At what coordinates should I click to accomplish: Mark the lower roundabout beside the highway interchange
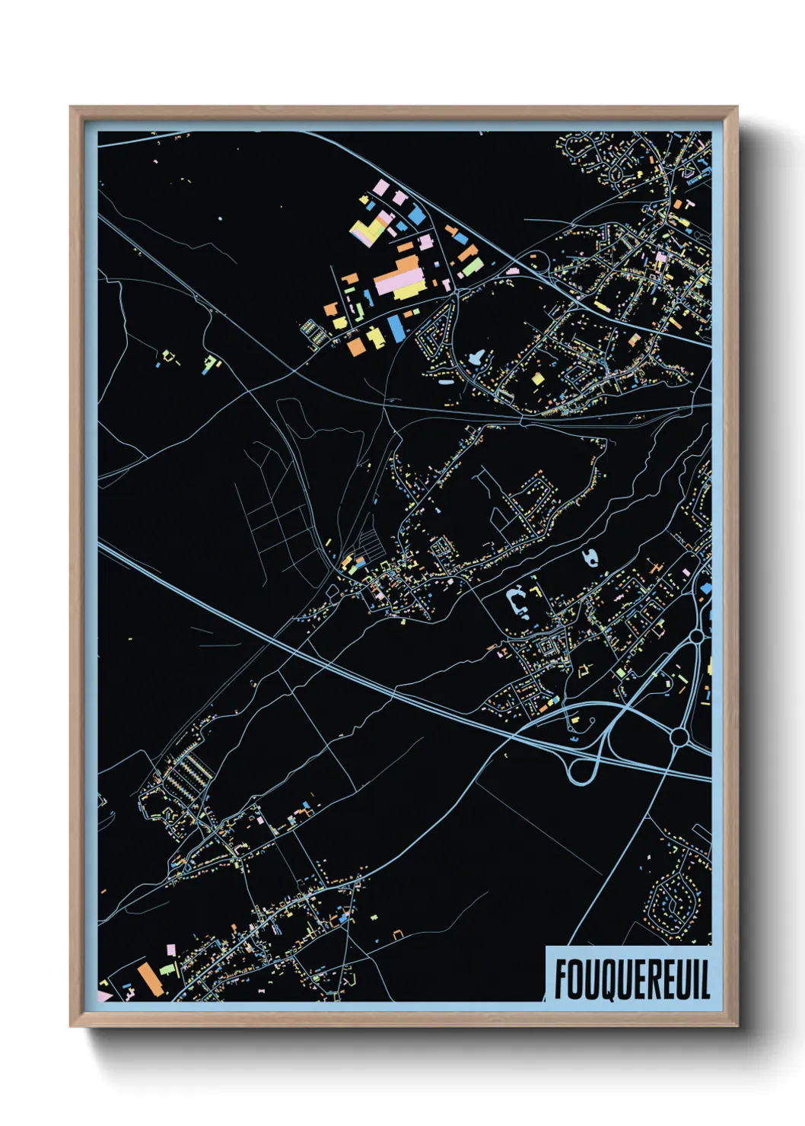[x=679, y=736]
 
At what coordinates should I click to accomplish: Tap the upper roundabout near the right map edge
[x=696, y=635]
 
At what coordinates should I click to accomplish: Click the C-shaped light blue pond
[x=518, y=601]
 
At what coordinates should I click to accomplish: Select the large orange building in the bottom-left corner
[x=149, y=978]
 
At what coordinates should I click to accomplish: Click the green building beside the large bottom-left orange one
[x=168, y=970]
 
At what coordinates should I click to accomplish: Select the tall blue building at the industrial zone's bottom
[x=396, y=329]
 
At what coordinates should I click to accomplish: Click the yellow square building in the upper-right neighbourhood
[x=537, y=378]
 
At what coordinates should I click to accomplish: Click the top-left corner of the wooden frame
[x=72, y=108]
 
